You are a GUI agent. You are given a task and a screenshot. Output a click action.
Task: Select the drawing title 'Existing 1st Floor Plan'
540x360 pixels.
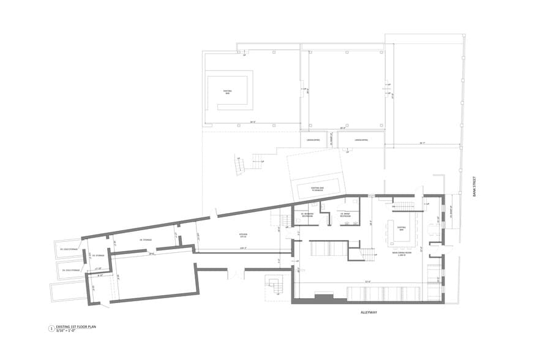click(x=77, y=328)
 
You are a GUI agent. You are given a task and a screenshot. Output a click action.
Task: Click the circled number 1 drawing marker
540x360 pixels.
click(x=51, y=329)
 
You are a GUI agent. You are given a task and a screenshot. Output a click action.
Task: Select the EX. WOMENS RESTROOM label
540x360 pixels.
click(x=307, y=214)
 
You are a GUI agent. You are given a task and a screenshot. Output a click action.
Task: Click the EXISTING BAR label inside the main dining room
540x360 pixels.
click(x=402, y=228)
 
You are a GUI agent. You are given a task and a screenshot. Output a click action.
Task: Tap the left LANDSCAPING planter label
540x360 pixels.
click(x=313, y=140)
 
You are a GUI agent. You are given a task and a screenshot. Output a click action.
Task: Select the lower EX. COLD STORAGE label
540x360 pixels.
click(x=72, y=269)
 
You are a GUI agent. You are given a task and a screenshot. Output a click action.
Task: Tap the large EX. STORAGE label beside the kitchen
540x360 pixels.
click(x=145, y=240)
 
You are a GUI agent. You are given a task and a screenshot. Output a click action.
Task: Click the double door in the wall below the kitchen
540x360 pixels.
click(x=235, y=274)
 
